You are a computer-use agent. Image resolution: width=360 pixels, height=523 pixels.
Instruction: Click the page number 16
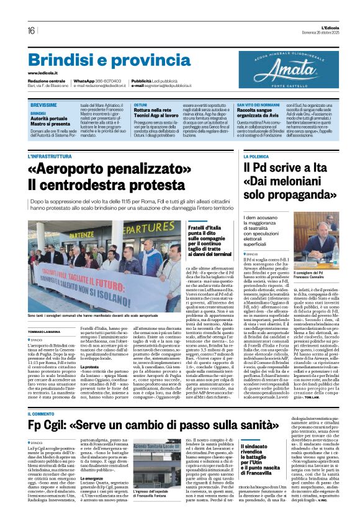click(x=31, y=30)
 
